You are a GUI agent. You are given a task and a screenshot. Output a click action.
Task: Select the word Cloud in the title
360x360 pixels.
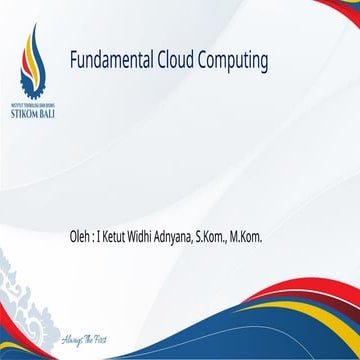[x=178, y=62]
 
